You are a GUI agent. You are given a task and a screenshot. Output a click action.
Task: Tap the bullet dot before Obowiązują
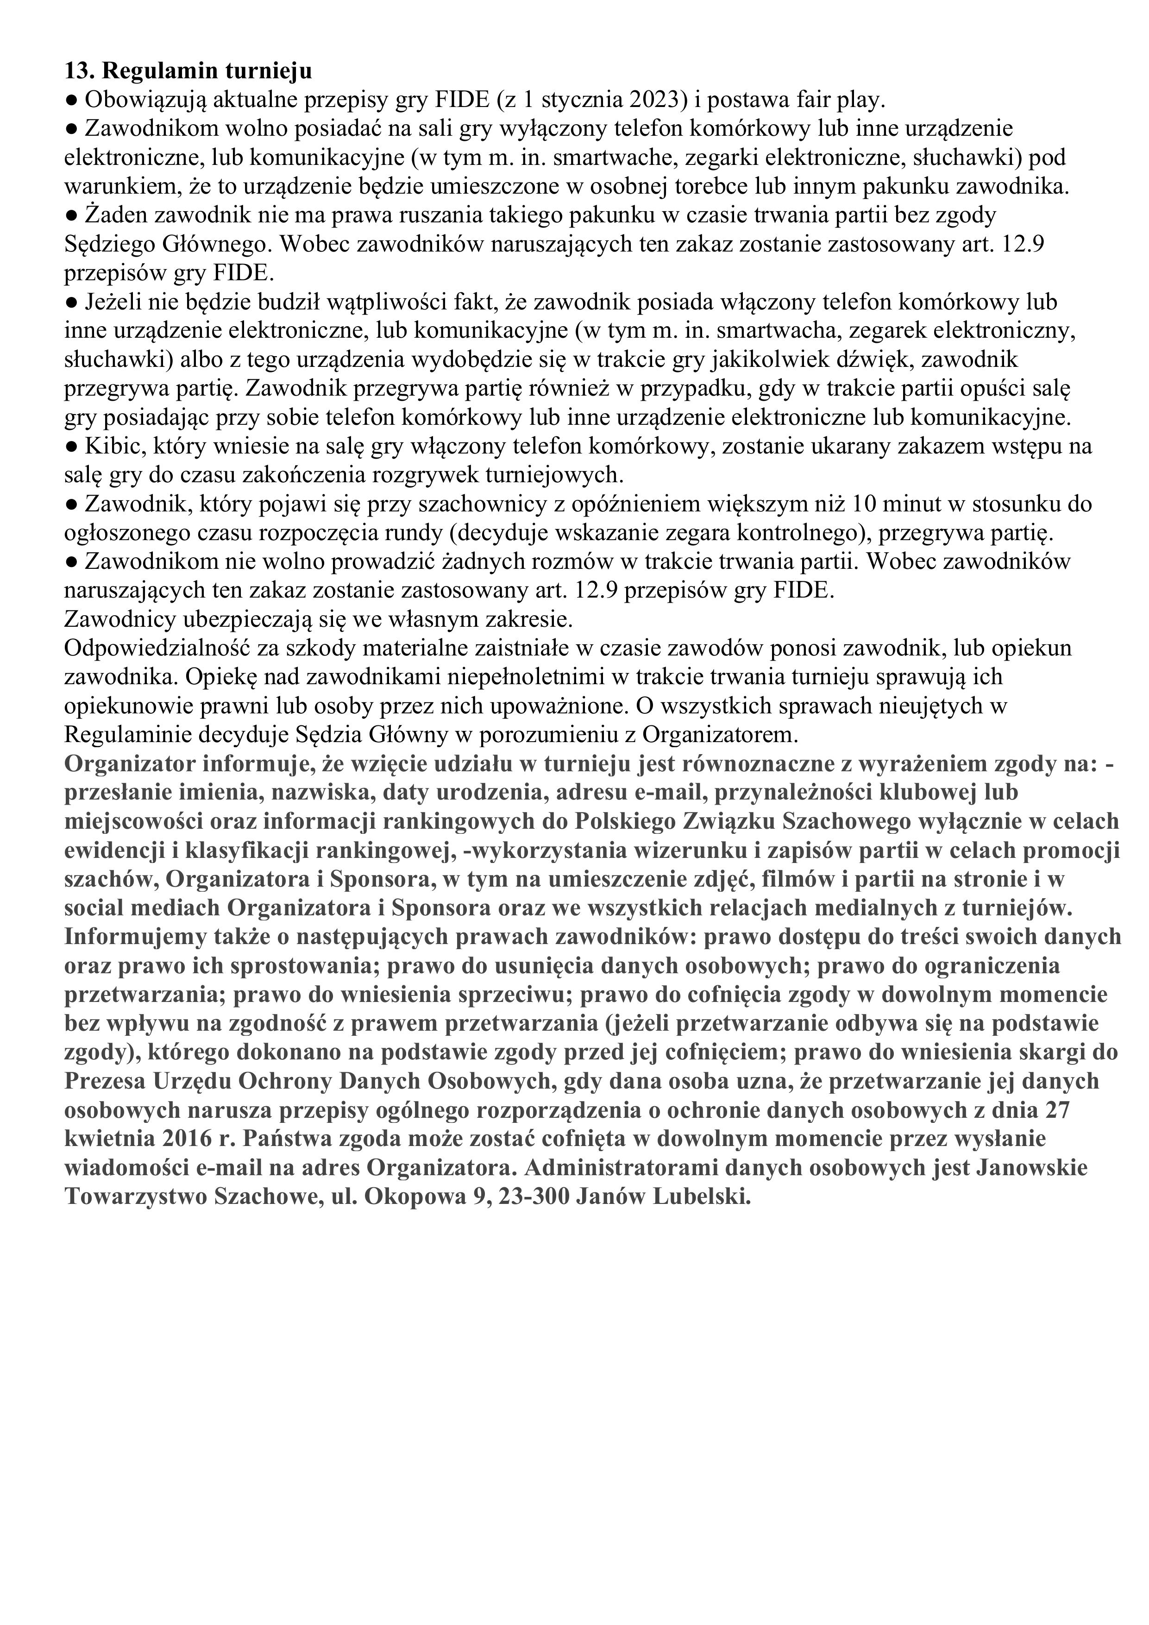click(x=71, y=101)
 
